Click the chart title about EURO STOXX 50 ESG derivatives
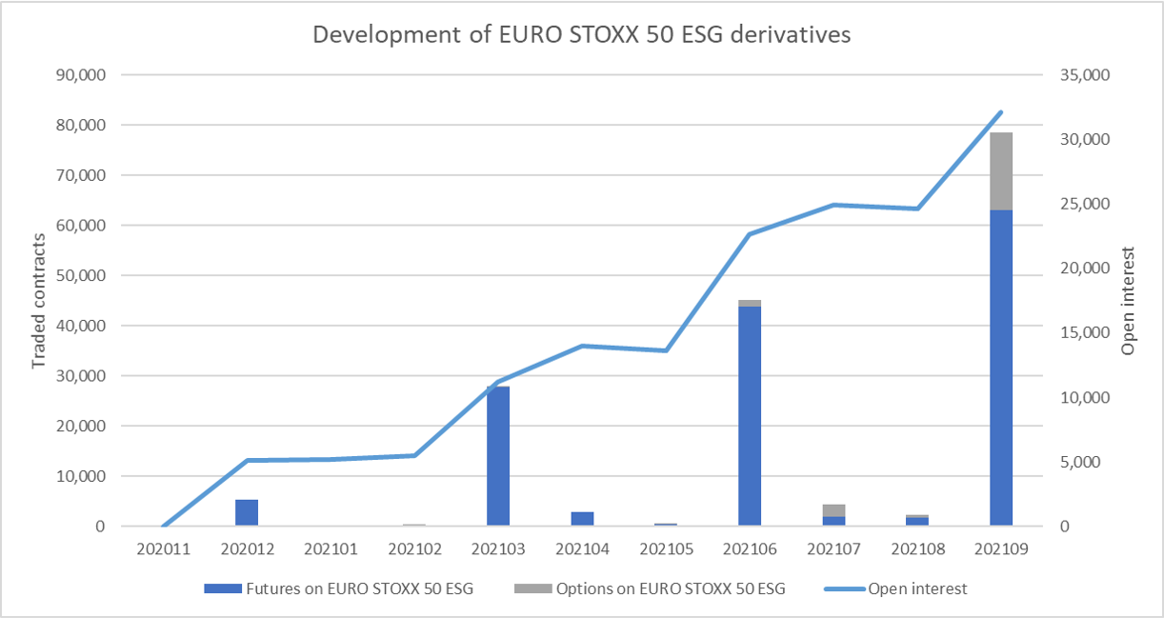click(581, 35)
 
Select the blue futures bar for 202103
click(498, 455)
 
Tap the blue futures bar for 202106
click(750, 415)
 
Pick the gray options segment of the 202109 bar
click(1001, 171)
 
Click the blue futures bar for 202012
click(247, 512)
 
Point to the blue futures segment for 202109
click(1001, 367)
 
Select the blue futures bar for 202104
click(582, 519)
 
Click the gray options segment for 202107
click(833, 510)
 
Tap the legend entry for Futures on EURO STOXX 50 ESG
click(339, 588)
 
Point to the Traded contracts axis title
click(39, 302)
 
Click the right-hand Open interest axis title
click(1129, 301)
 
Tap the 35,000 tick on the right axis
click(1084, 75)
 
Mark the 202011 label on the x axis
click(163, 548)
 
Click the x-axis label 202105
click(666, 548)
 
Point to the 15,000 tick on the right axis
click(1084, 333)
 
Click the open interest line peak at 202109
click(1001, 112)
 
